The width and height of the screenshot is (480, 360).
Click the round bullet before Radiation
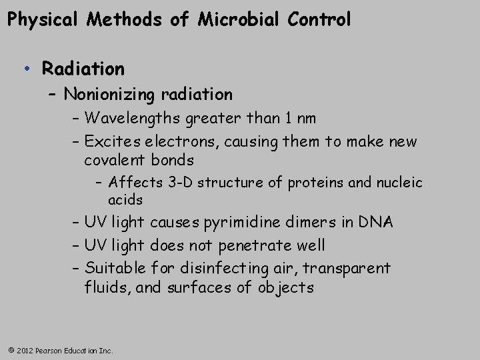pos(25,69)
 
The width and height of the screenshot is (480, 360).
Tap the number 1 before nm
pos(289,119)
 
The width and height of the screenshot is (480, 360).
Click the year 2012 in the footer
pos(25,350)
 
